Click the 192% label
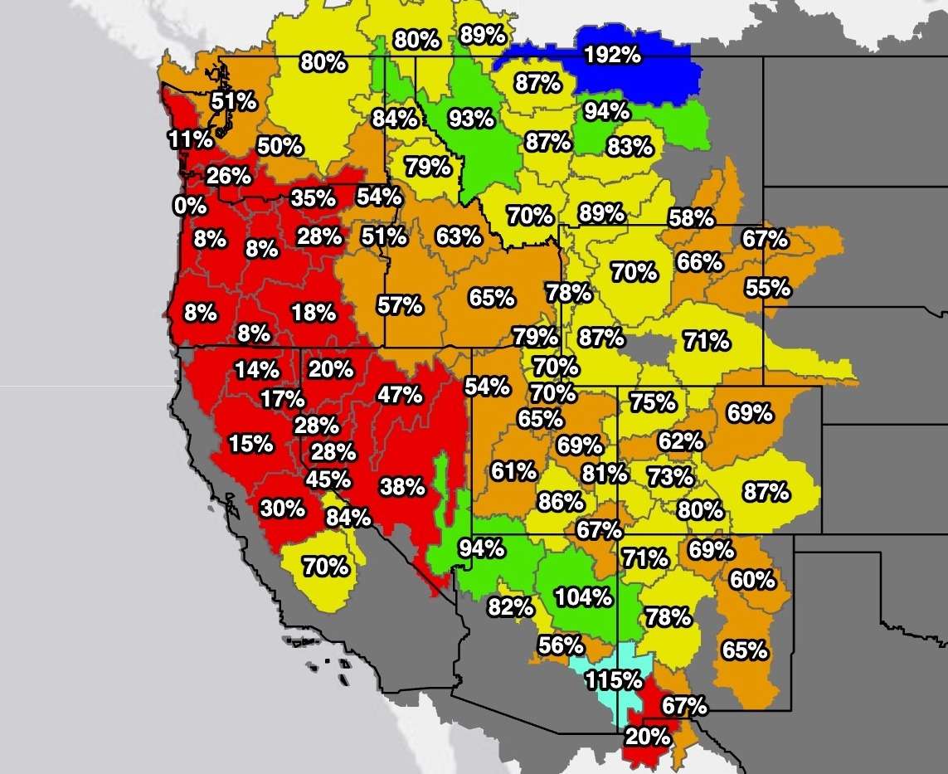point(612,56)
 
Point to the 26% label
point(229,176)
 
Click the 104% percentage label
point(585,596)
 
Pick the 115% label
point(615,680)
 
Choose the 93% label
point(470,119)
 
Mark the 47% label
point(400,395)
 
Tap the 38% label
point(402,486)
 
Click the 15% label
point(251,444)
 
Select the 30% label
point(283,508)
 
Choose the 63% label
point(459,236)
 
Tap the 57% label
point(400,305)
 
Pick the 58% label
point(692,219)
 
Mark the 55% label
point(768,289)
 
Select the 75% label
point(653,402)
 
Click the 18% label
point(314,313)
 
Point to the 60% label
point(752,580)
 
